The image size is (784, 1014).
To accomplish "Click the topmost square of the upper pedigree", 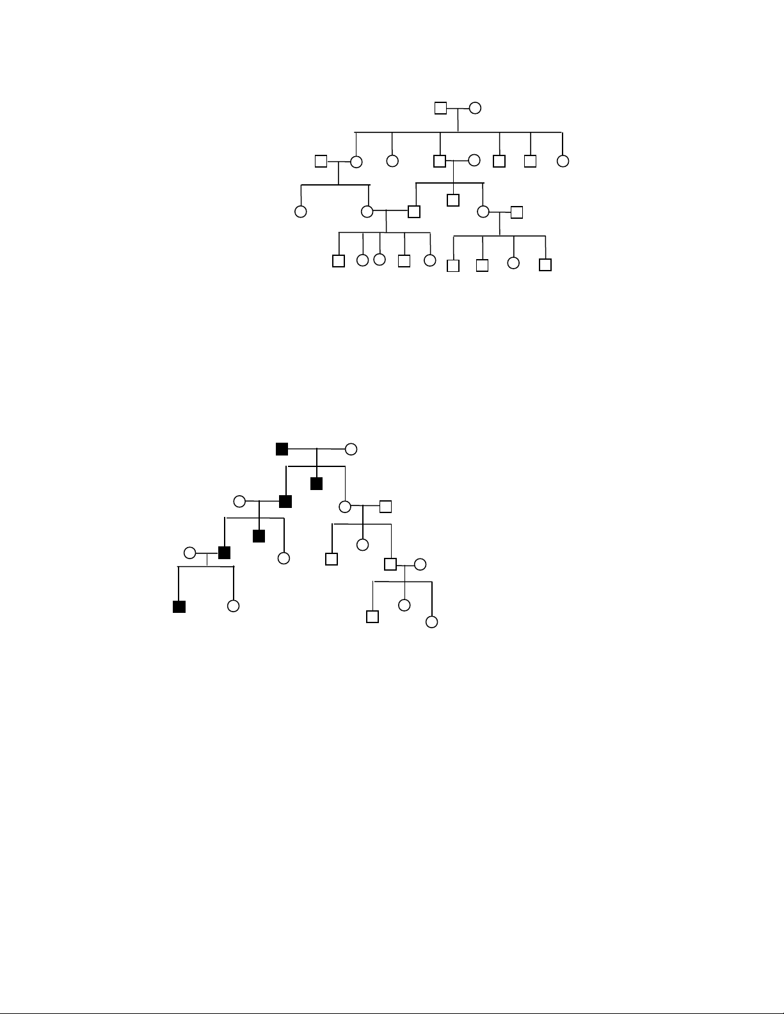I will pyautogui.click(x=440, y=108).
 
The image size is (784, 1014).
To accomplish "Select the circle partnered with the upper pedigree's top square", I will pyautogui.click(x=475, y=108).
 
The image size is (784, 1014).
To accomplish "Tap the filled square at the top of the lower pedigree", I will pyautogui.click(x=282, y=448).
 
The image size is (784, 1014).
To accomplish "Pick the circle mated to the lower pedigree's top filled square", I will pyautogui.click(x=351, y=449).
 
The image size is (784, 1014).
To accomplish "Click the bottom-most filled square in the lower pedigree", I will pyautogui.click(x=179, y=606).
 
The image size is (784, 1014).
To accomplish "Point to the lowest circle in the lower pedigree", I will pyautogui.click(x=432, y=622).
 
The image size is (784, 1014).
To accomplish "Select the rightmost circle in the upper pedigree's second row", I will pyautogui.click(x=563, y=161).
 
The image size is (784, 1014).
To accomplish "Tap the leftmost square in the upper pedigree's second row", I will pyautogui.click(x=321, y=161).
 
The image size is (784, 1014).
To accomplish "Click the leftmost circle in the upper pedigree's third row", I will pyautogui.click(x=300, y=211).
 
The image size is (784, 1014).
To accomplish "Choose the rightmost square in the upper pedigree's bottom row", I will pyautogui.click(x=545, y=264).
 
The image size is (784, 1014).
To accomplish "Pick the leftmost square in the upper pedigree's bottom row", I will pyautogui.click(x=339, y=260).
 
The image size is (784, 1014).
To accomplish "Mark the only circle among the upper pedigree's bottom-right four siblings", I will pyautogui.click(x=513, y=262).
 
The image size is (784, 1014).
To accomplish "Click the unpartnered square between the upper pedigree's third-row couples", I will pyautogui.click(x=453, y=200).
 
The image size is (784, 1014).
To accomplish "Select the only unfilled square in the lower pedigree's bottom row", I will pyautogui.click(x=372, y=616).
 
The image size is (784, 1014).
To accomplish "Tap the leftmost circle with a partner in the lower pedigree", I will pyautogui.click(x=189, y=553).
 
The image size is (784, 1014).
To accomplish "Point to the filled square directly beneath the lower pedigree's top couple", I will pyautogui.click(x=316, y=483).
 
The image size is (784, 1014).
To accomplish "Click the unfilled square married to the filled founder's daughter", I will pyautogui.click(x=385, y=507).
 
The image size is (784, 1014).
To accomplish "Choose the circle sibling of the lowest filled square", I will pyautogui.click(x=234, y=605).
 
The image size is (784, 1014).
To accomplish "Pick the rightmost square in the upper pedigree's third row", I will pyautogui.click(x=517, y=212).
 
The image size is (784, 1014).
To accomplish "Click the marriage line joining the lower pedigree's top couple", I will pyautogui.click(x=316, y=449).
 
